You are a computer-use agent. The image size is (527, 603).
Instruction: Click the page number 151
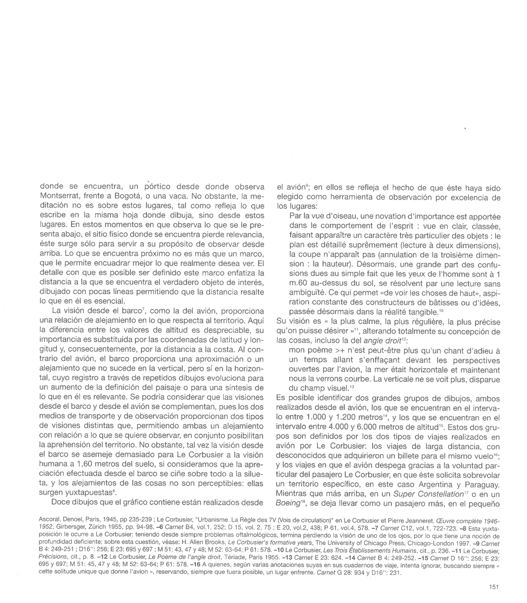click(493, 587)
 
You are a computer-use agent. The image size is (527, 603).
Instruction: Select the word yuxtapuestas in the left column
click(93, 493)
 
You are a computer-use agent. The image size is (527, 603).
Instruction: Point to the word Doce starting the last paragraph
click(60, 503)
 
